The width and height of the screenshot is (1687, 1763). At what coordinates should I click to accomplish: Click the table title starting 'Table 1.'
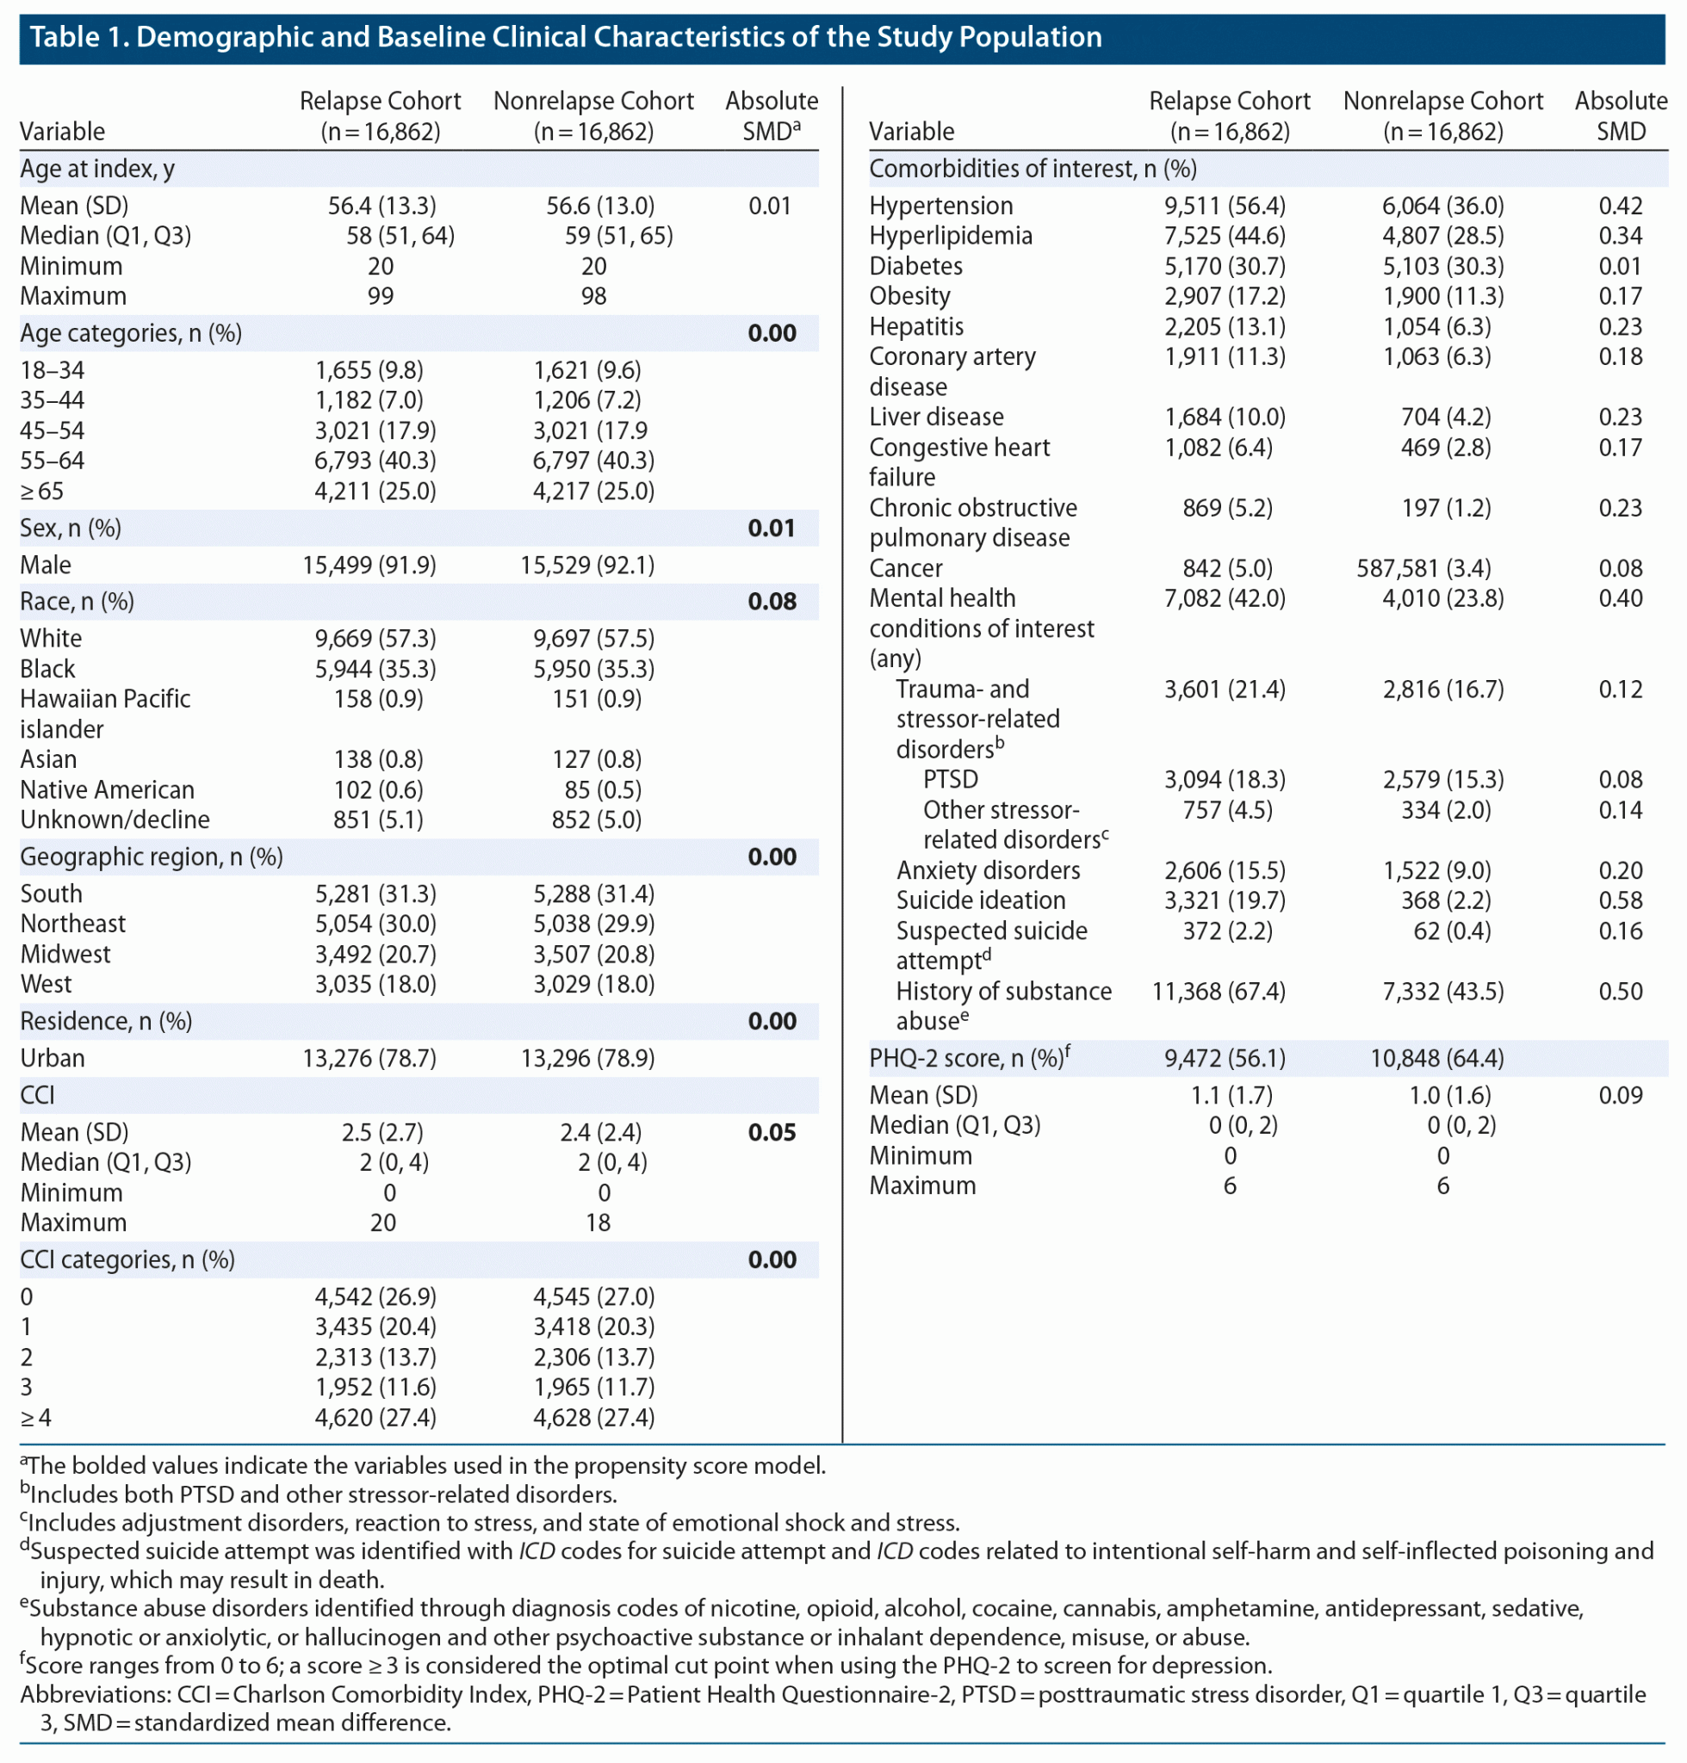click(x=566, y=37)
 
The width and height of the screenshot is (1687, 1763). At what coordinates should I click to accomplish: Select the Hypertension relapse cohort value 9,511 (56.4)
click(x=1225, y=206)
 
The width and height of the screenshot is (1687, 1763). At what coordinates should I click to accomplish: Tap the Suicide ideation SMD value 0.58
click(x=1620, y=900)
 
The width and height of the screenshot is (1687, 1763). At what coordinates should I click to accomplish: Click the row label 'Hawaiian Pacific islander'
click(x=105, y=713)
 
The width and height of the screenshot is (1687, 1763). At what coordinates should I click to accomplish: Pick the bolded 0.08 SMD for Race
click(x=772, y=602)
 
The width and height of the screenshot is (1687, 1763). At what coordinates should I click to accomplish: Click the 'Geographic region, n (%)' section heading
click(x=151, y=857)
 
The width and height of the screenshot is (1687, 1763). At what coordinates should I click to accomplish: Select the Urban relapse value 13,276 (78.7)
click(x=369, y=1058)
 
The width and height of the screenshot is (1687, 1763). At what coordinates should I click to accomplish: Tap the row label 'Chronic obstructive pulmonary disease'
click(x=972, y=523)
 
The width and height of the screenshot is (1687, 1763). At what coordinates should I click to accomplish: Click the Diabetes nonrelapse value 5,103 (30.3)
click(x=1442, y=266)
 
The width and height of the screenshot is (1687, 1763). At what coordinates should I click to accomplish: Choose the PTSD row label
click(x=951, y=779)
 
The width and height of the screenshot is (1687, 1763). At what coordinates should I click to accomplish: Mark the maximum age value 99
click(x=381, y=296)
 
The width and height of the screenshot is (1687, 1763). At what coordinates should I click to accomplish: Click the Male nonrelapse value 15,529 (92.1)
click(x=587, y=565)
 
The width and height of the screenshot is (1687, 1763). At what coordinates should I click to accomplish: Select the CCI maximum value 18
click(x=598, y=1222)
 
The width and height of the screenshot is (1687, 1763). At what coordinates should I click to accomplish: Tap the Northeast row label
click(x=73, y=924)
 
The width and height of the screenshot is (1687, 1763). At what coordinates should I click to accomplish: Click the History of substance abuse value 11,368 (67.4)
click(x=1219, y=991)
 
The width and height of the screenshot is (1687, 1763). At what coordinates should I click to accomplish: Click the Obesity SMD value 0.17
click(x=1620, y=296)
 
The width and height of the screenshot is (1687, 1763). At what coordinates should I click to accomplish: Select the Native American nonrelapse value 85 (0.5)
click(x=596, y=789)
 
